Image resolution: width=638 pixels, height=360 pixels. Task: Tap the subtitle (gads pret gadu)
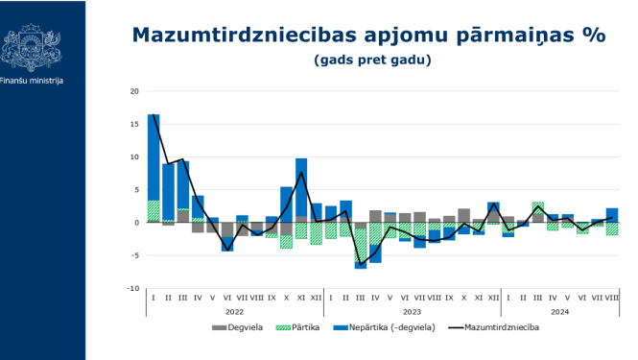pos(371,60)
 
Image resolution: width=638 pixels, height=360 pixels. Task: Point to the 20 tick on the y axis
pos(134,91)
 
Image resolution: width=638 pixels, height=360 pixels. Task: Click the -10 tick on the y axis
pos(132,288)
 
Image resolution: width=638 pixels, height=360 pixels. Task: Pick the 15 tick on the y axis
pos(134,124)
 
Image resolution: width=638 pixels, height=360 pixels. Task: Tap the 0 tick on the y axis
pos(136,223)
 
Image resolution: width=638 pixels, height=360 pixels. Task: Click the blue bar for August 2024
pos(611,214)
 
